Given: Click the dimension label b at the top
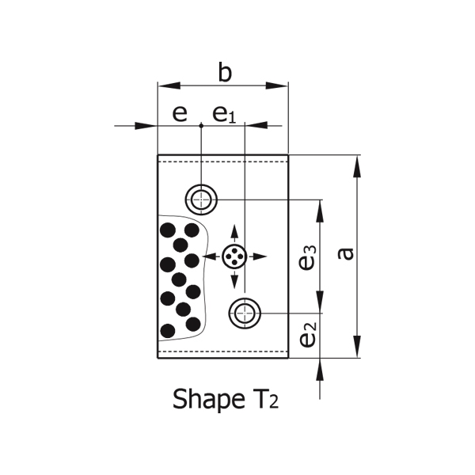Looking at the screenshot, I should (225, 74).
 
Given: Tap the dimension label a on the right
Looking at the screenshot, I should (345, 253).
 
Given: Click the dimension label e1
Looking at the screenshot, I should (224, 114).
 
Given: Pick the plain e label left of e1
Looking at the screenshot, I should (180, 113).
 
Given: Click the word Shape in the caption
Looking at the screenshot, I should (200, 397).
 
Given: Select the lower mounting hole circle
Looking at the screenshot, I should (245, 313).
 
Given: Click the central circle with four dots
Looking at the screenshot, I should (234, 256).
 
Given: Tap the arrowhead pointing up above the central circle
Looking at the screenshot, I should (234, 231).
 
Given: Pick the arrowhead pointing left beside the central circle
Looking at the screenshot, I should (208, 256).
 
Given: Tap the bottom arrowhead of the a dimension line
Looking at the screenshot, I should (358, 348).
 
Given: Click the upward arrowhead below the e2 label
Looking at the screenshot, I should (321, 368).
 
